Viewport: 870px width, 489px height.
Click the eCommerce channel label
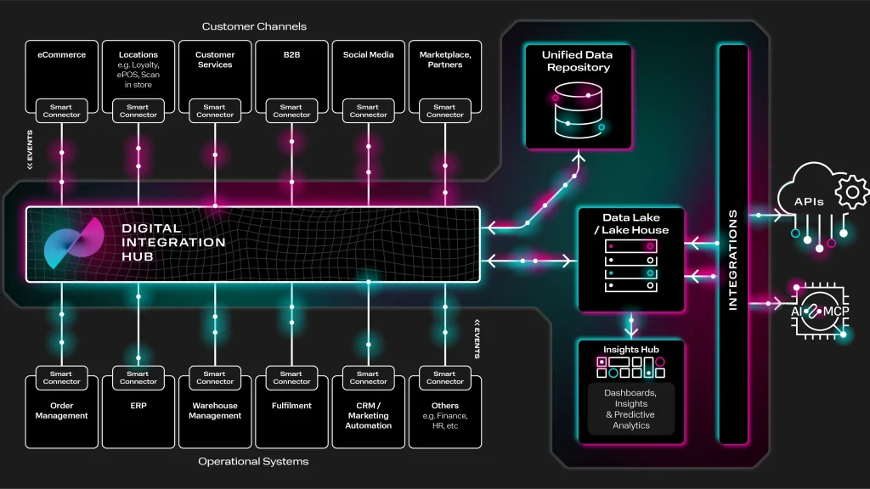61,55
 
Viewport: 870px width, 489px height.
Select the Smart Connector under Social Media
368,111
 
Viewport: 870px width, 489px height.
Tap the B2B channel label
291,55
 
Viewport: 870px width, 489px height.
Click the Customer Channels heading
252,27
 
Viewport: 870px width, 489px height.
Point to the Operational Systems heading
253,462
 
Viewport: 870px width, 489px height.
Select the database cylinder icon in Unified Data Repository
578,111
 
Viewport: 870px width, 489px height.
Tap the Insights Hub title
630,350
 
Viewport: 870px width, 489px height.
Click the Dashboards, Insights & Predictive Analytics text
630,409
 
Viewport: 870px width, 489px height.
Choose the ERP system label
138,406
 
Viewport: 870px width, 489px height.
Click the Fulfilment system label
291,406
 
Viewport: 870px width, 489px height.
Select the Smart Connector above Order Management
61,378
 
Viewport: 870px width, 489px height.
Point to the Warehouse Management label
215,411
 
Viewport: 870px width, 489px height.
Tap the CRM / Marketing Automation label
368,415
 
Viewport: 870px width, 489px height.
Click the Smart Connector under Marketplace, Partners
444,111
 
